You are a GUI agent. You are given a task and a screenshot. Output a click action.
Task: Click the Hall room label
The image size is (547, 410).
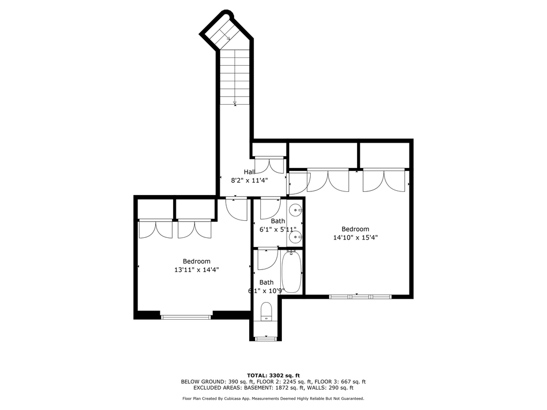[249, 172]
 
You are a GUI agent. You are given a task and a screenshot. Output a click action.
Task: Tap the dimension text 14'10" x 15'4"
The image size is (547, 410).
[356, 237]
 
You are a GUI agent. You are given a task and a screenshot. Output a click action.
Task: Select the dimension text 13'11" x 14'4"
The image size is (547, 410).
[197, 269]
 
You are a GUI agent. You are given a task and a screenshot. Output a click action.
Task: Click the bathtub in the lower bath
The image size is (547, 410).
[291, 272]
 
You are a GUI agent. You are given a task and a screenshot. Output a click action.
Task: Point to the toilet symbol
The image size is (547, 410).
[266, 311]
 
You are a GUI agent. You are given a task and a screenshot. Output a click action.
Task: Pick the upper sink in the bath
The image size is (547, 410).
[296, 210]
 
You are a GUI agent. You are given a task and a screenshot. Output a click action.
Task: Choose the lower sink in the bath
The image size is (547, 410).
[296, 238]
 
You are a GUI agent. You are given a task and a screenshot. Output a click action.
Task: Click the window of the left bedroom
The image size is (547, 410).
[186, 317]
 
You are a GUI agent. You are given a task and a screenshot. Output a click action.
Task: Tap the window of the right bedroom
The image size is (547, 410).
[360, 297]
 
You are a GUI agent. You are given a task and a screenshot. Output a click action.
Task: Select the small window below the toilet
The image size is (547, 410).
[266, 338]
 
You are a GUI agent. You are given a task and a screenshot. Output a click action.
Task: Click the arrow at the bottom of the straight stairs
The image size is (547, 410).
[235, 102]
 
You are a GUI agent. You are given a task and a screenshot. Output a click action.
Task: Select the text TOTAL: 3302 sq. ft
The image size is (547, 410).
[274, 375]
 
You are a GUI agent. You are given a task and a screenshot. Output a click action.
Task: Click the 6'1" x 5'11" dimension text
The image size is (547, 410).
[278, 229]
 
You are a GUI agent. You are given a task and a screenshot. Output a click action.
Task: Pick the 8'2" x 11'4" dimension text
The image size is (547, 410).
[249, 180]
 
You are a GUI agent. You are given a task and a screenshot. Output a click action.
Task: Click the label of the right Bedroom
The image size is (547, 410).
[355, 229]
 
